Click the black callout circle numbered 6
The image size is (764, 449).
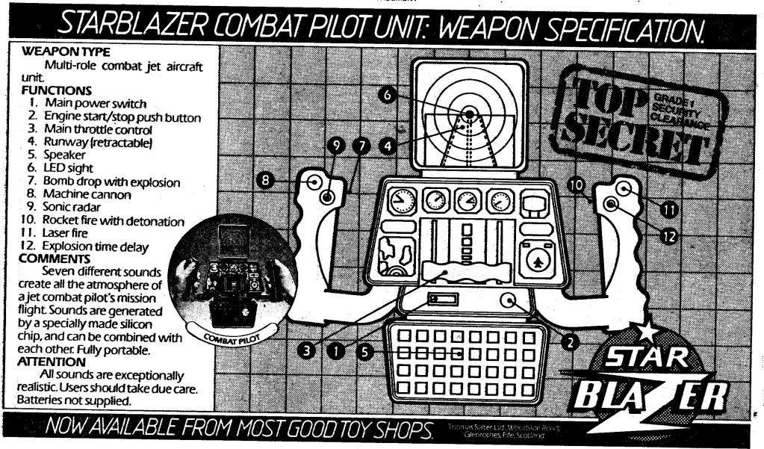point(386,95)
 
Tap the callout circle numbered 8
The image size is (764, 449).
point(264,179)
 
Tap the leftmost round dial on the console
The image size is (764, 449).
point(403,201)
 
